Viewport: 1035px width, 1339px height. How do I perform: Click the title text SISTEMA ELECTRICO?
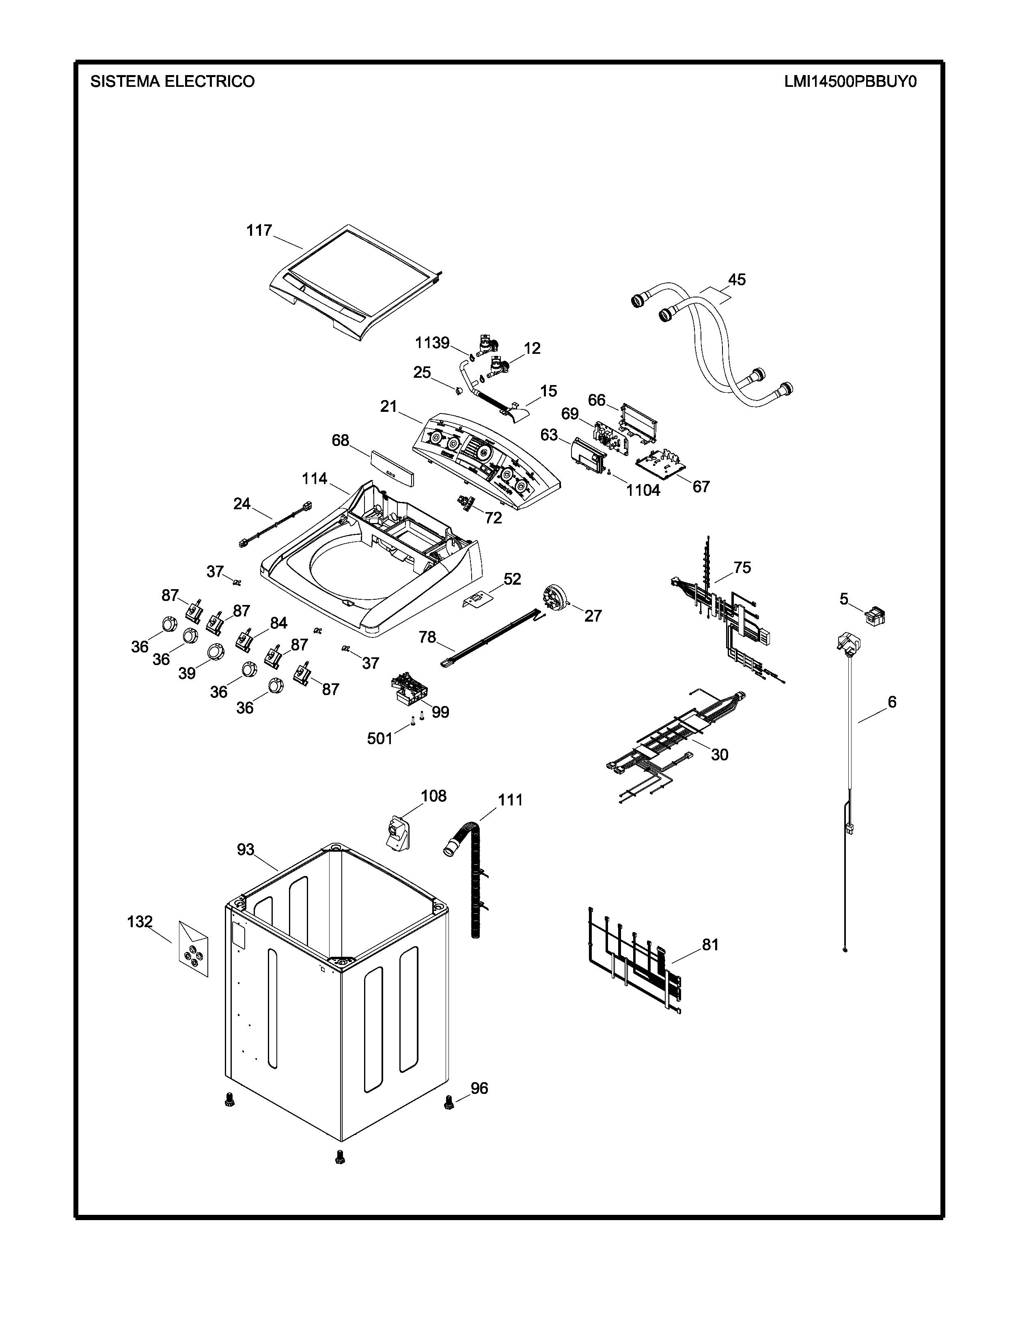[172, 82]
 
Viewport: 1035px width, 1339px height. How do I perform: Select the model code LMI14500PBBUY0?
[850, 82]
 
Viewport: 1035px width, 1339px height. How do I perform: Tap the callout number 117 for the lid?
[259, 230]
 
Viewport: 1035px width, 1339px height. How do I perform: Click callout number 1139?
[432, 343]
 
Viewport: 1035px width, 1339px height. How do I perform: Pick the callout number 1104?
[643, 490]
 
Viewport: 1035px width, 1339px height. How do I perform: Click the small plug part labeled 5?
[874, 615]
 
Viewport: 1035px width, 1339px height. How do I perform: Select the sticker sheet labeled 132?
[193, 953]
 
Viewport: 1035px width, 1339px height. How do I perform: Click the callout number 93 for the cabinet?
[245, 850]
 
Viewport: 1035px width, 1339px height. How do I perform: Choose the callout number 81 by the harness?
[710, 945]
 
